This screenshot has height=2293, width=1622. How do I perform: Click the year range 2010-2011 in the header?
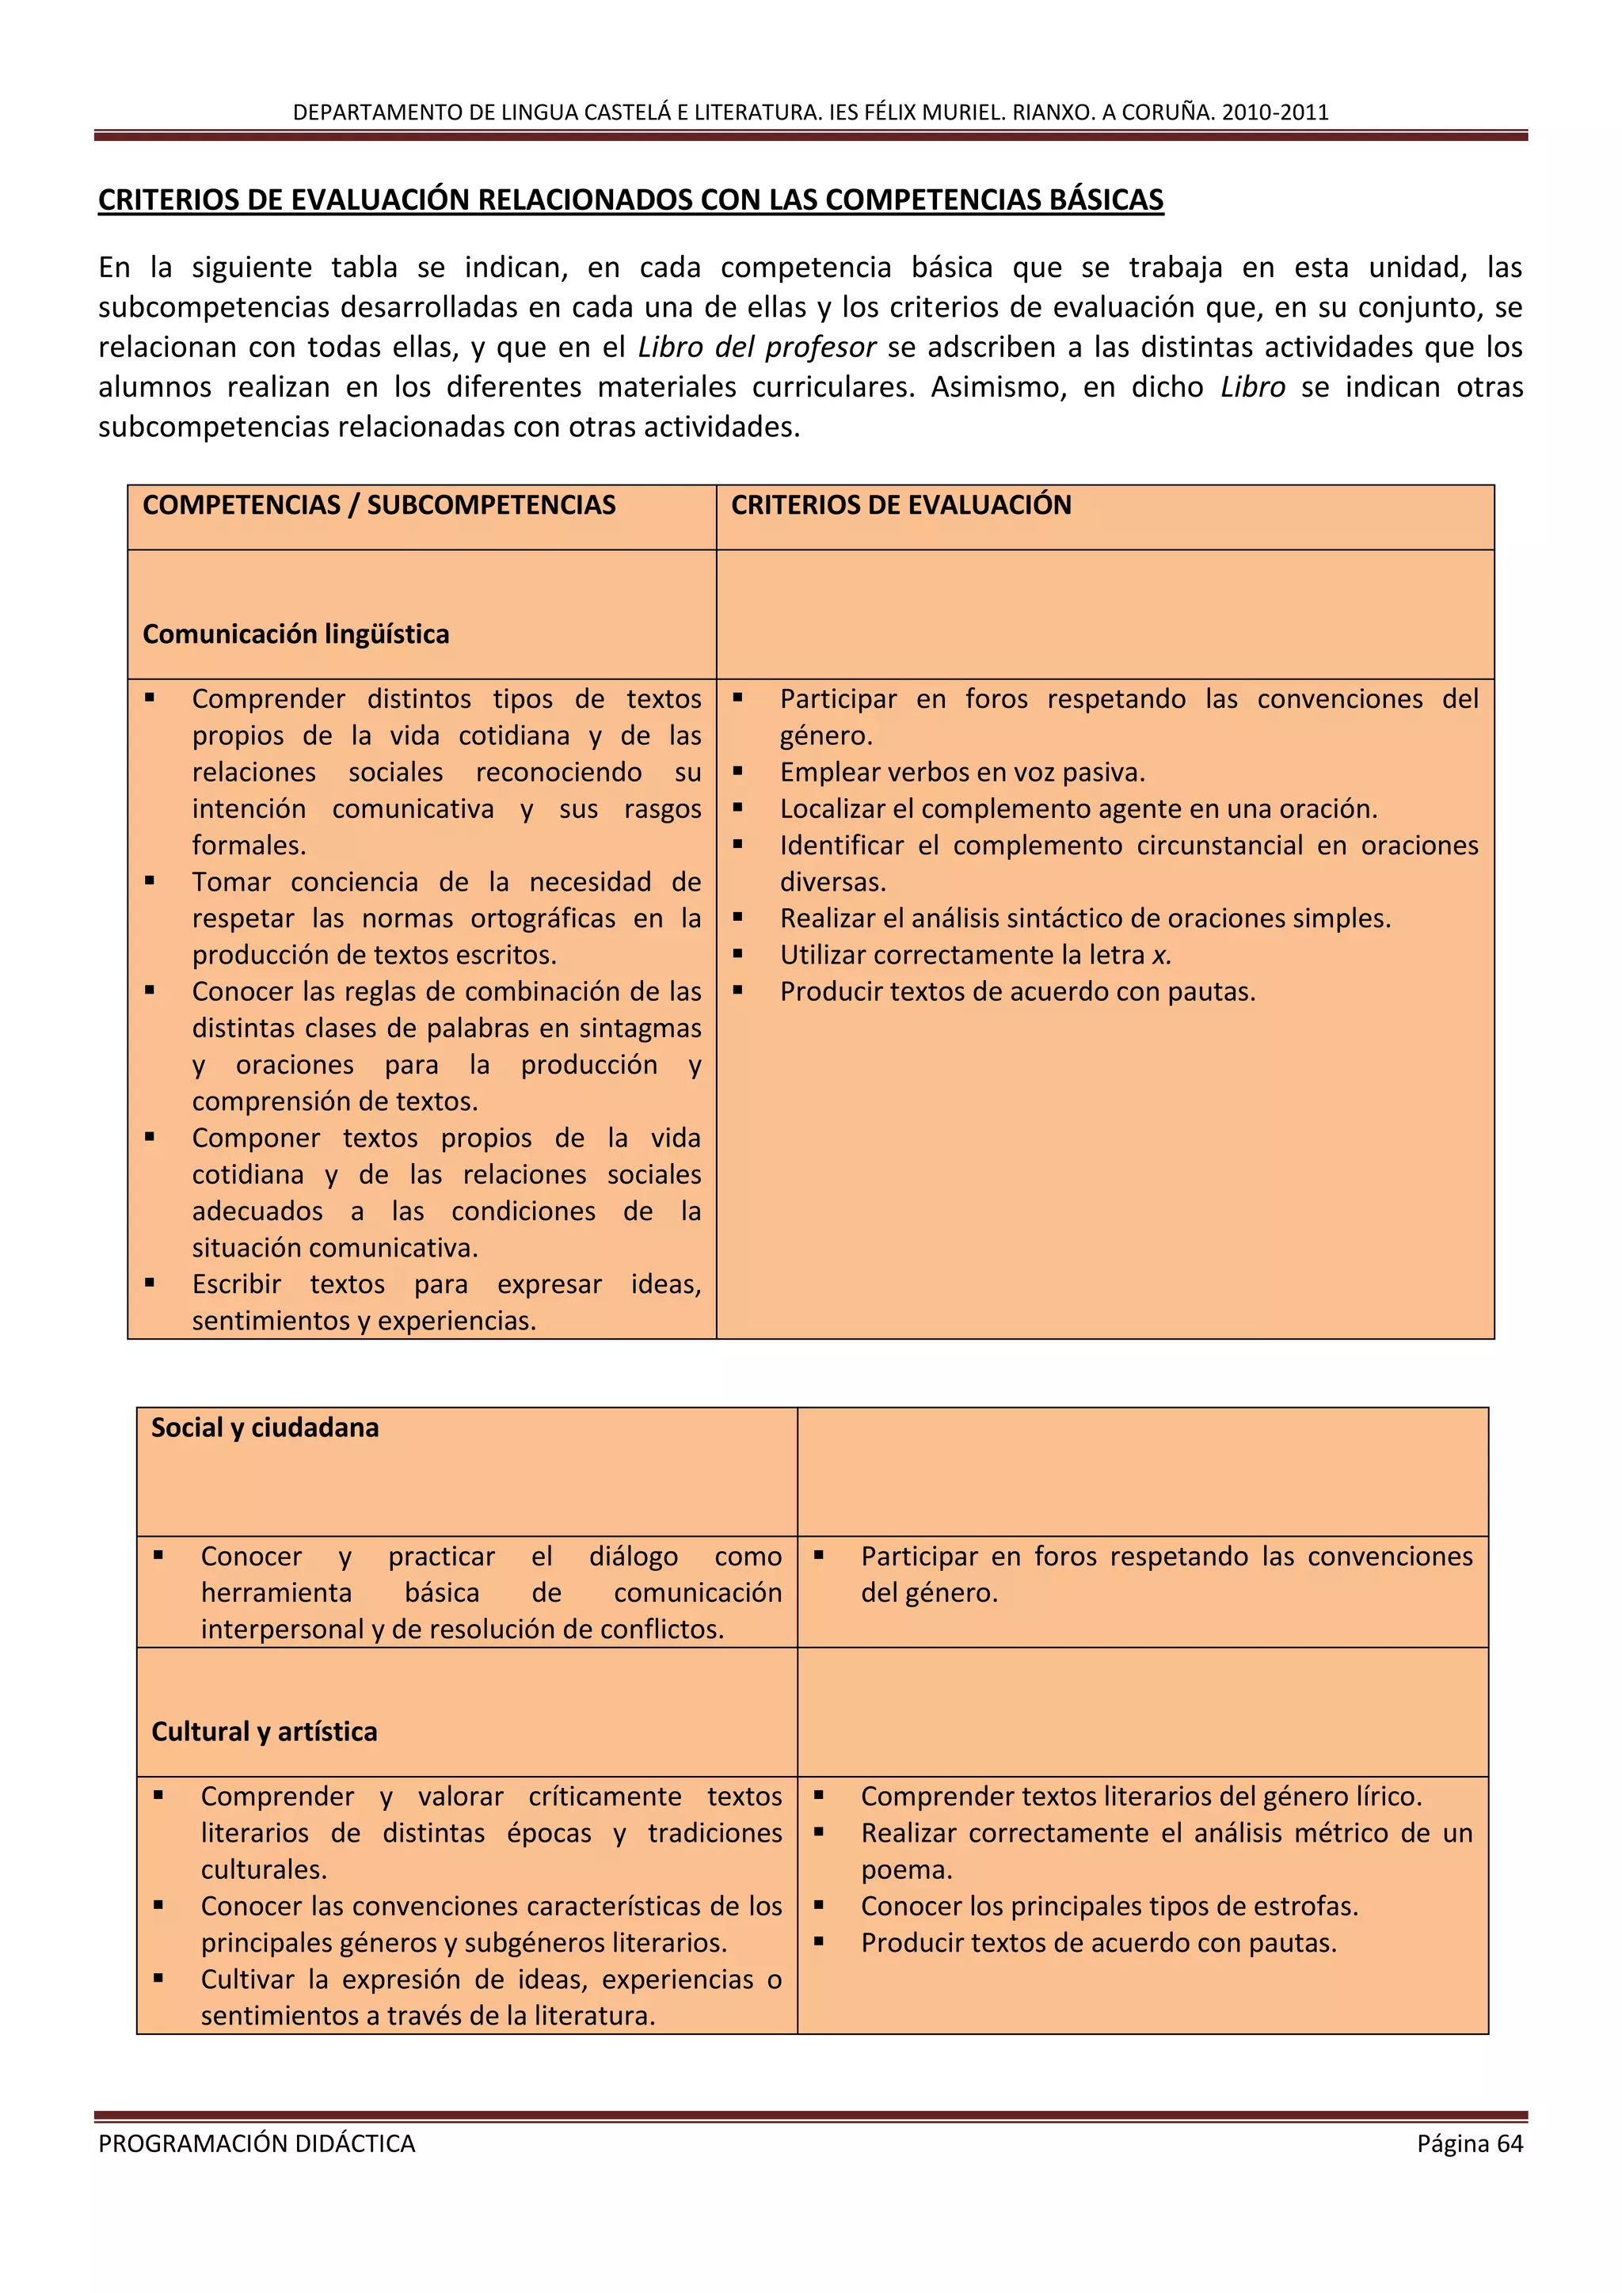click(1274, 112)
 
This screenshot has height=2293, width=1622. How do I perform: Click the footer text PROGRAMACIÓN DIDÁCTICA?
click(257, 2143)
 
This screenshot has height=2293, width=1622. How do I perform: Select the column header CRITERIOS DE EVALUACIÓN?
click(900, 505)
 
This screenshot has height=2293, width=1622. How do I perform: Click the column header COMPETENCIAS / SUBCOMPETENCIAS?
click(379, 505)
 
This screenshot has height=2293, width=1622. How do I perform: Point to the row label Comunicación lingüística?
click(295, 634)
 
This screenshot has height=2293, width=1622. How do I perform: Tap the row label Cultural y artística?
click(264, 1731)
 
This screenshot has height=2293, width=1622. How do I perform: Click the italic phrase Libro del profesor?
click(756, 348)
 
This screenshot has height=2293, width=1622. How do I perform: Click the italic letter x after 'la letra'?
click(1159, 956)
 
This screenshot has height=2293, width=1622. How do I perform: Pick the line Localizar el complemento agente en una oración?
click(1078, 809)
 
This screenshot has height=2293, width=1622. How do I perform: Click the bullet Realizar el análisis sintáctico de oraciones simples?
click(1085, 918)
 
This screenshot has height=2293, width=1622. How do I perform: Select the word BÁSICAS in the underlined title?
click(1106, 200)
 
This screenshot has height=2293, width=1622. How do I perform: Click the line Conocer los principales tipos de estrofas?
click(1109, 1906)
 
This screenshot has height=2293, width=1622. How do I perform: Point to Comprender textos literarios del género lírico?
click(1140, 1796)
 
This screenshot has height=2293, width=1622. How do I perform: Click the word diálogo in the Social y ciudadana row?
click(634, 1556)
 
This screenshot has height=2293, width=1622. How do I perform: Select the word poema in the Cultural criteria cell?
click(904, 1869)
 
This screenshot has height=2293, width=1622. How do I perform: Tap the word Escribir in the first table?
click(236, 1284)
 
